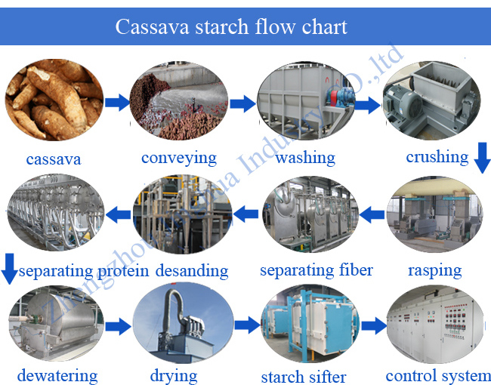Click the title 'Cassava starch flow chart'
click(231, 27)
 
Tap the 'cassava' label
click(53, 159)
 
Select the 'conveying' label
click(179, 158)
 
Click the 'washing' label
click(305, 158)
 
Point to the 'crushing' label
click(437, 156)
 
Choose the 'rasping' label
click(434, 269)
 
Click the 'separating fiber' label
click(317, 269)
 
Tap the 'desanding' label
click(192, 270)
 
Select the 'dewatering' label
click(57, 374)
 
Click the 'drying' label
click(174, 374)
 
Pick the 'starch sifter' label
click(304, 376)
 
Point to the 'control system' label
click(438, 374)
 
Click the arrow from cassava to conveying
click(116, 103)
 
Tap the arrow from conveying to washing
click(242, 104)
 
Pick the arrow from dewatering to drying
click(118, 327)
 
